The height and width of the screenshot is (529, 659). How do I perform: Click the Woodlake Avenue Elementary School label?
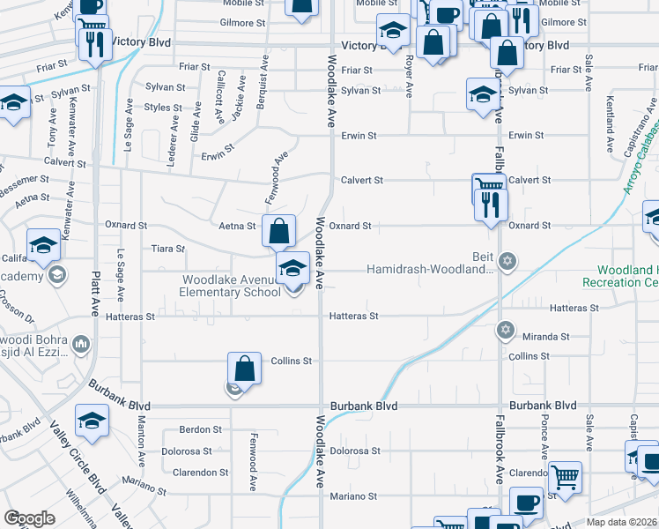(231, 286)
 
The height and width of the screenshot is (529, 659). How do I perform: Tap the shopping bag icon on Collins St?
(246, 369)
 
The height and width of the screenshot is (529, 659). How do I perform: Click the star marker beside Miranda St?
(505, 330)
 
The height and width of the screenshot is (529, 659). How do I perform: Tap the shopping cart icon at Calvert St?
(487, 187)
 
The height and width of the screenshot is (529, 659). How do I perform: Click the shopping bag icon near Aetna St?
(278, 232)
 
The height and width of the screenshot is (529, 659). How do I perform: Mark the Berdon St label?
(200, 429)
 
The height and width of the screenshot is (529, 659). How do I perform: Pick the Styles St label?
(163, 108)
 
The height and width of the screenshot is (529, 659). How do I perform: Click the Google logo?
(29, 518)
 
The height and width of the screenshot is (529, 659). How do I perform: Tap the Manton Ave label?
(141, 443)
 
